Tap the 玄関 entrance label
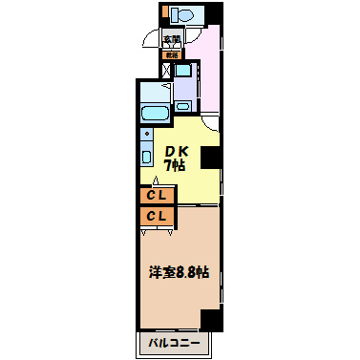171,40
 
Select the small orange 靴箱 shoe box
172,55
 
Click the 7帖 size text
176,165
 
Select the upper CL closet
156,196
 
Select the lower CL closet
156,217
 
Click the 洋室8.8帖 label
178,272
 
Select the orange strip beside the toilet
164,13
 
